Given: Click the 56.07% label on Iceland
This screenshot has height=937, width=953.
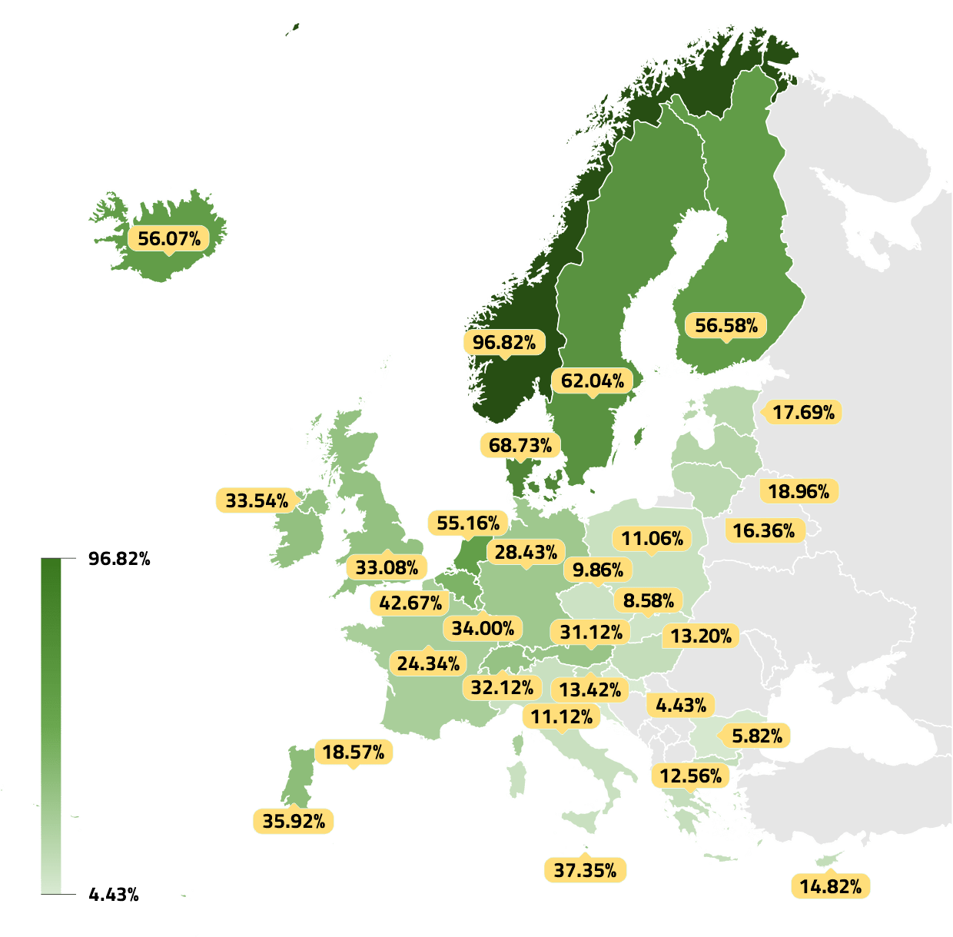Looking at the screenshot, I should coord(169,238).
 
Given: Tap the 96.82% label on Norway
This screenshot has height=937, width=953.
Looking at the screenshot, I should coord(504,342).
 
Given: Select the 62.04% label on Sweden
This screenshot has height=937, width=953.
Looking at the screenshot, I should coord(592,380).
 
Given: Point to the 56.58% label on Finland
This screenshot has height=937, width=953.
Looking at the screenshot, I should coord(726,325).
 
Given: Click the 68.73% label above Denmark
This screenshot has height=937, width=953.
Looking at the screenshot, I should coord(520,445).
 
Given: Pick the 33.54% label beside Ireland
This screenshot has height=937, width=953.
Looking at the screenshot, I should coord(257,500).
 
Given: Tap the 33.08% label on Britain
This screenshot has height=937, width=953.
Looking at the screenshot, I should coord(387,567).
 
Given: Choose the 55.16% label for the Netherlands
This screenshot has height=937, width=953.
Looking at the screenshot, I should coord(468,523).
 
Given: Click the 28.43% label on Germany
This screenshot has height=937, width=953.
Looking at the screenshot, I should coord(526,552).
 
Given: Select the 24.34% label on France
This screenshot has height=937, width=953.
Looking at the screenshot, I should coord(428,663).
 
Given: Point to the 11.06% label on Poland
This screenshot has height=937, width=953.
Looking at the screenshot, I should coord(652,538).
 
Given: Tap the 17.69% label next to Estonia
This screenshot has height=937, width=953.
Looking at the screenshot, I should coord(803,412).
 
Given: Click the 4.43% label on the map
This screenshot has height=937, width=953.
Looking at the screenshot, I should coord(681,705).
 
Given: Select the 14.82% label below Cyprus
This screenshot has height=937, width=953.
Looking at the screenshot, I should coord(830,886).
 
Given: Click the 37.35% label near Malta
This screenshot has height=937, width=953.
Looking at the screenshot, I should coord(585,870).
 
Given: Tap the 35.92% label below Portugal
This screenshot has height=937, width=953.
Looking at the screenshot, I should coord(294,821).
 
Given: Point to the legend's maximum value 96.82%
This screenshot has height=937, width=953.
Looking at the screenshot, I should coord(119,559).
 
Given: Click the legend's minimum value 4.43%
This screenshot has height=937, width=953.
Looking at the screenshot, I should coord(114,894).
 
